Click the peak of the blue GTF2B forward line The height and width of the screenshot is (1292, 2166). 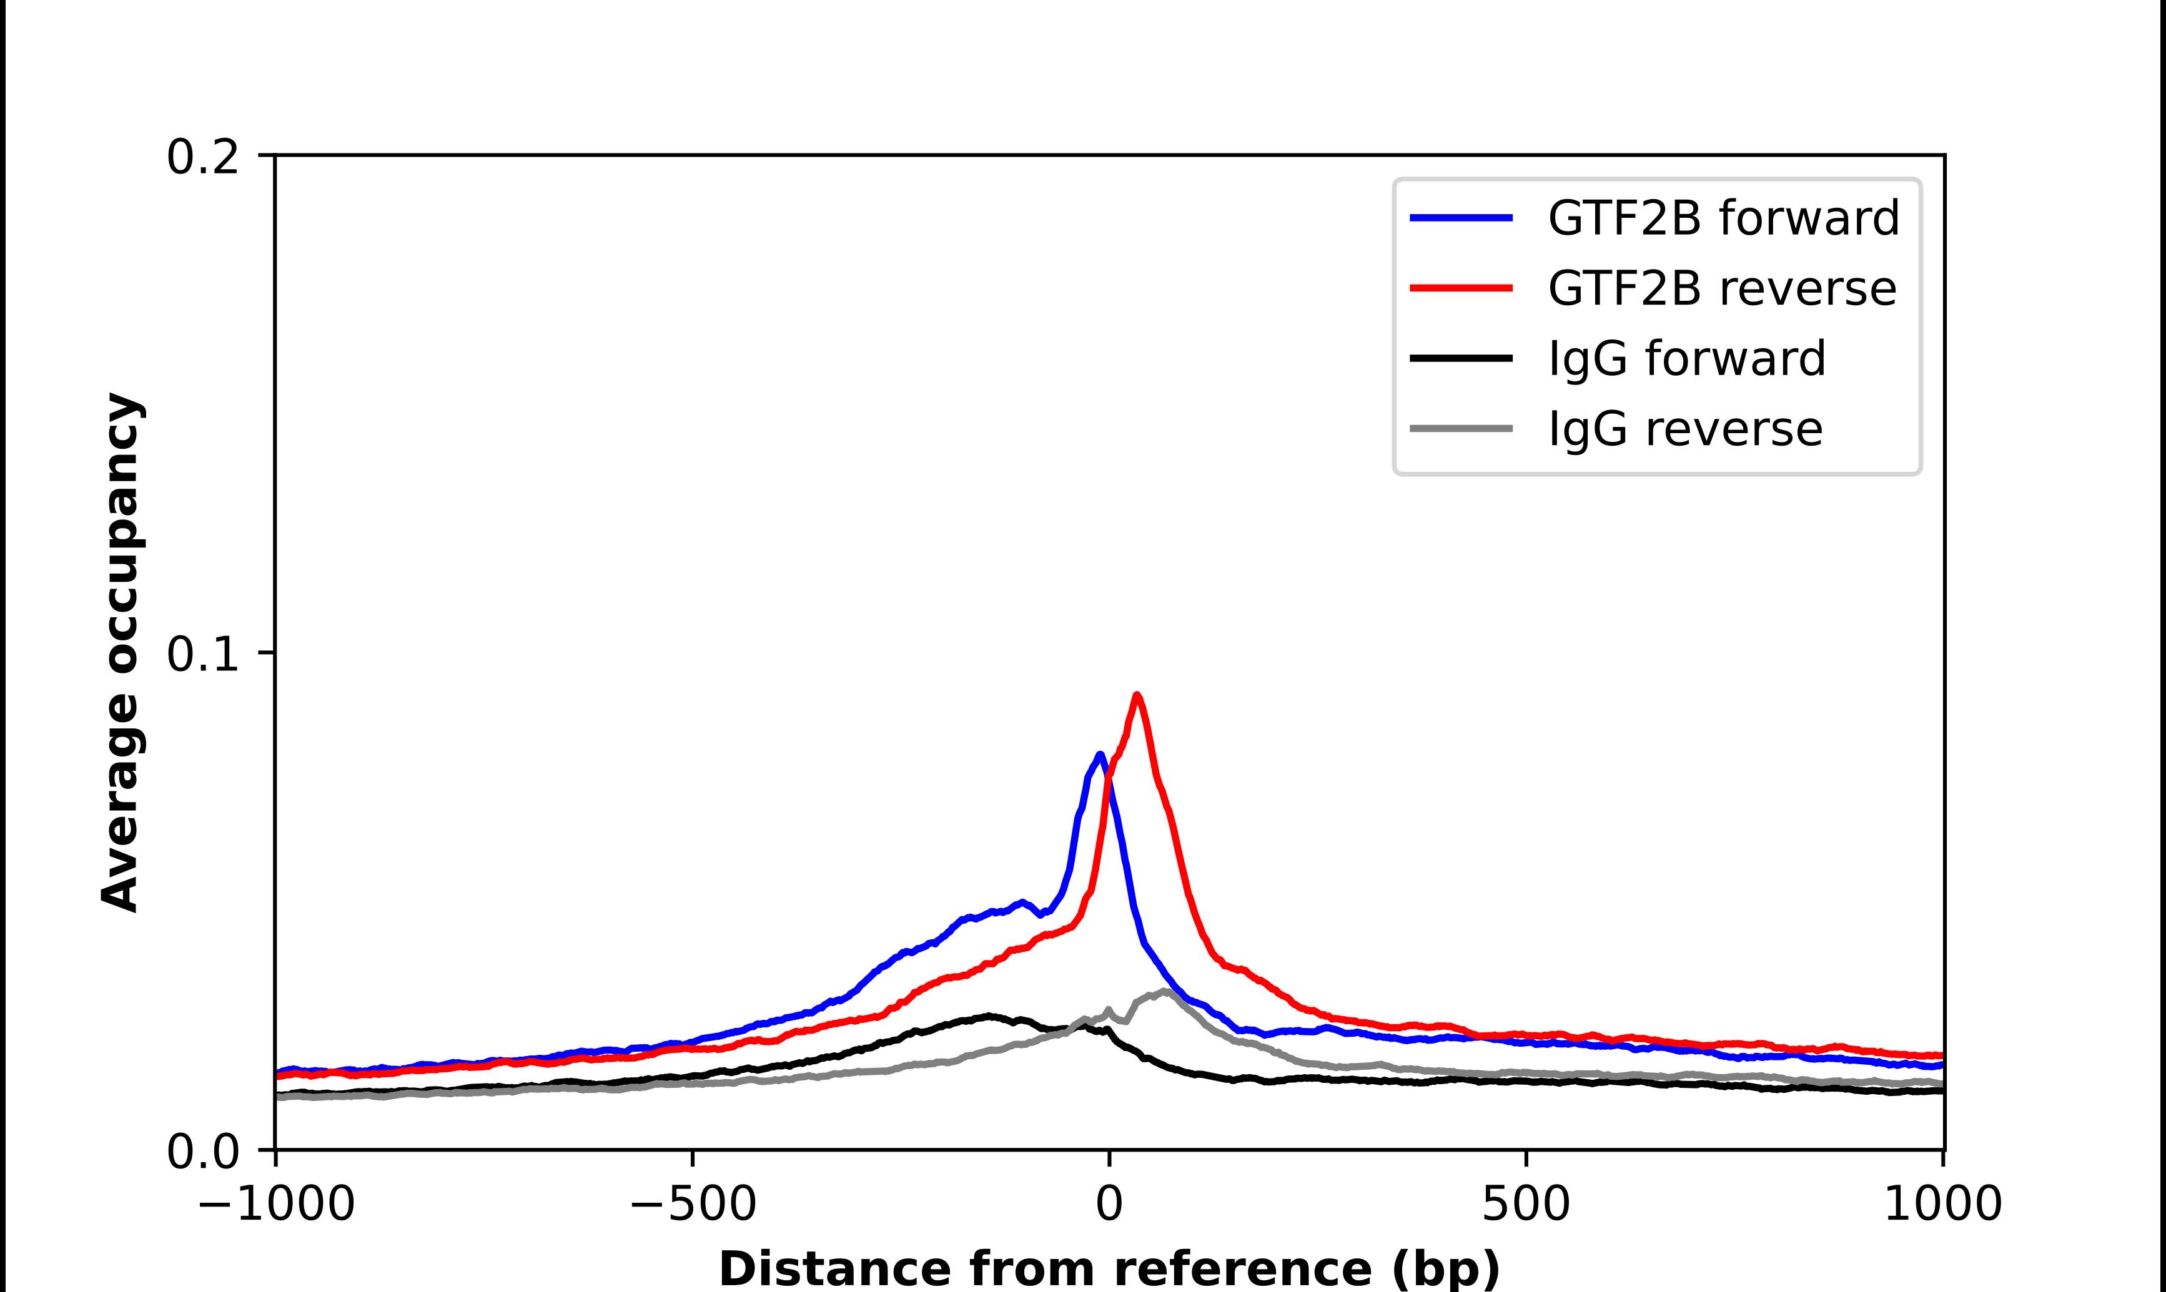click(x=1100, y=754)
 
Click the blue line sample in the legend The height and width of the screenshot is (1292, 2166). click(x=1460, y=218)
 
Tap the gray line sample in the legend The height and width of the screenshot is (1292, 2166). click(x=1460, y=428)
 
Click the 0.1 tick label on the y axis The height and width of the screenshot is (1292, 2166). click(x=202, y=654)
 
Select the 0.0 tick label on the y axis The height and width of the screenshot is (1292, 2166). click(x=202, y=1152)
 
